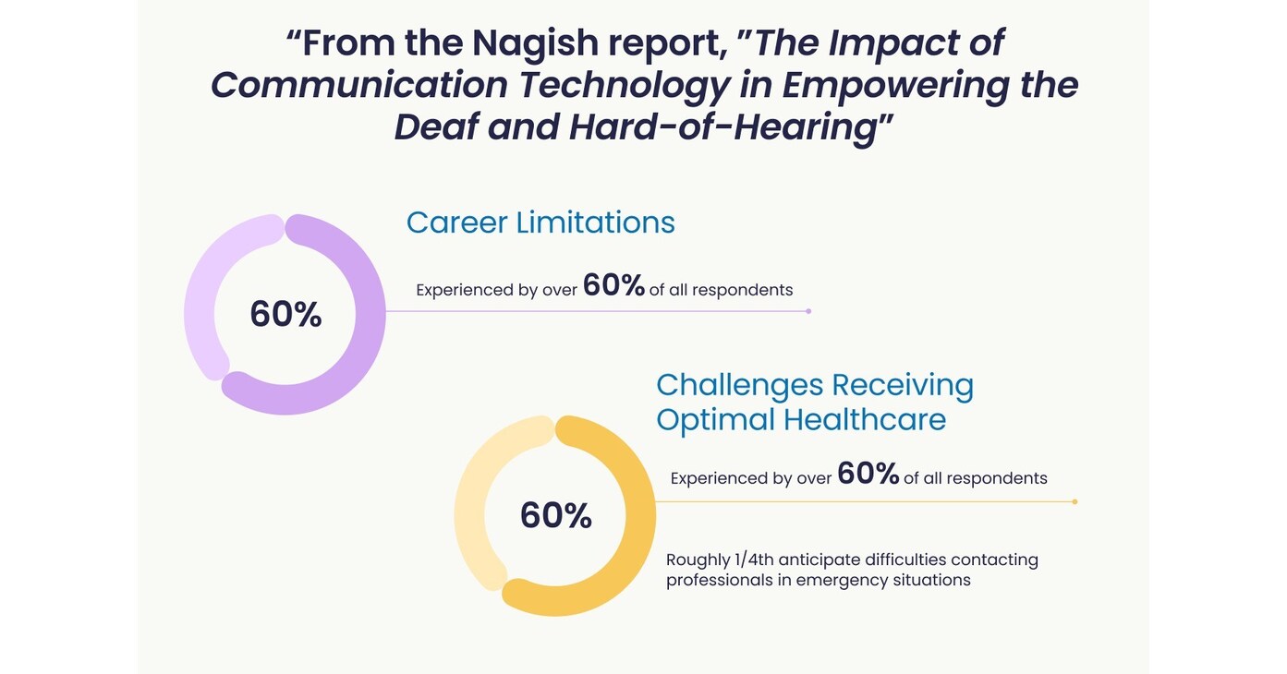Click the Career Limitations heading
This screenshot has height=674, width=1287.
click(540, 223)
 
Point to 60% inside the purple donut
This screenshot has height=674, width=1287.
click(285, 315)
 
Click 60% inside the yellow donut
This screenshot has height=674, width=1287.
click(555, 515)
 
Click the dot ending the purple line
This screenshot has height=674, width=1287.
click(808, 311)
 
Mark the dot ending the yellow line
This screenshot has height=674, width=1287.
click(1075, 501)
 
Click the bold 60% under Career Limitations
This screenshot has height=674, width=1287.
click(613, 286)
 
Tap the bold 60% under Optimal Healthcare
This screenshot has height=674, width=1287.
click(868, 475)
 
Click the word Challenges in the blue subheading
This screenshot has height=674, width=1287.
click(738, 384)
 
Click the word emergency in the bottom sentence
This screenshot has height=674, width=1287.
click(840, 581)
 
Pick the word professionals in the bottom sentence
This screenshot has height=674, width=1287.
click(719, 581)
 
